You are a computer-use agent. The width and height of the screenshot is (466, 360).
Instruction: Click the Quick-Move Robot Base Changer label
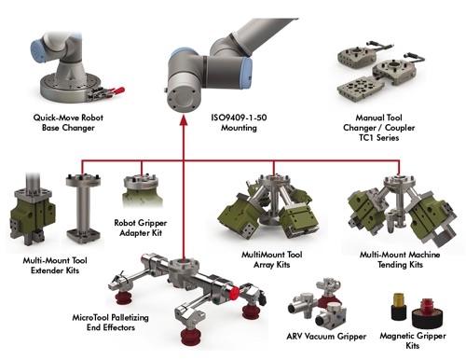pos(68,122)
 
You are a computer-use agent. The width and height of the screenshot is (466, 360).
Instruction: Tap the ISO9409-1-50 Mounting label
pos(239,122)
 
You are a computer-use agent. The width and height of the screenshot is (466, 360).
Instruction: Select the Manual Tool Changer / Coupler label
pos(378,128)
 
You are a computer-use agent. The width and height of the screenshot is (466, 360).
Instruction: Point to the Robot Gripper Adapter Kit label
pos(141,228)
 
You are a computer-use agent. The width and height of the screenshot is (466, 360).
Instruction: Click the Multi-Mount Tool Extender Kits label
pos(55,265)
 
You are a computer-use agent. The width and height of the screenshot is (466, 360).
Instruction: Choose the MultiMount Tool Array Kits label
pos(272,259)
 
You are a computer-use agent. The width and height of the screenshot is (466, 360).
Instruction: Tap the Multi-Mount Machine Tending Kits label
pos(400,259)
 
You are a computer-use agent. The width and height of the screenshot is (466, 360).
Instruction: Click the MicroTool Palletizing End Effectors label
pos(111,323)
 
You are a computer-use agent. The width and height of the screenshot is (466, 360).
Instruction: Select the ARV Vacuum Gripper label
pos(326,336)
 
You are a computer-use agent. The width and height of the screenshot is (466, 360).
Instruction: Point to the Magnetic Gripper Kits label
pos(413,340)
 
